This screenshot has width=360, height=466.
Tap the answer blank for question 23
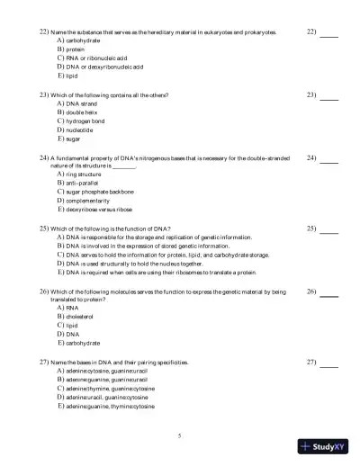(329, 96)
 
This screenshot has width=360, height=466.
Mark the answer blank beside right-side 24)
(329, 160)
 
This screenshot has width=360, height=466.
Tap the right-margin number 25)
(312, 229)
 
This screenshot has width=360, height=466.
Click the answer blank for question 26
(329, 294)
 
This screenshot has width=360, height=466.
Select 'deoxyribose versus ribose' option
(99, 209)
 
